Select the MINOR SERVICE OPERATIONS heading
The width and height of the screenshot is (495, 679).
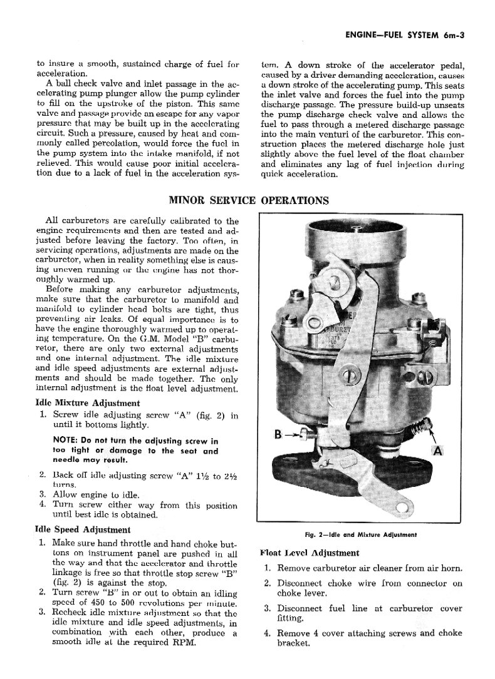pos(249,201)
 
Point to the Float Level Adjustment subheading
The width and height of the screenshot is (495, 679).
pos(309,553)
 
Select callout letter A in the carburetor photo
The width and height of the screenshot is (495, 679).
pos(438,451)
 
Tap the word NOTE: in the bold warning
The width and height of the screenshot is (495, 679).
pos(68,441)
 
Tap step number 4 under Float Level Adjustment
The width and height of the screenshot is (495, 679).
pos(267,633)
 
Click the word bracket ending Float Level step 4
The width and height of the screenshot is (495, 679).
pos(293,644)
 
